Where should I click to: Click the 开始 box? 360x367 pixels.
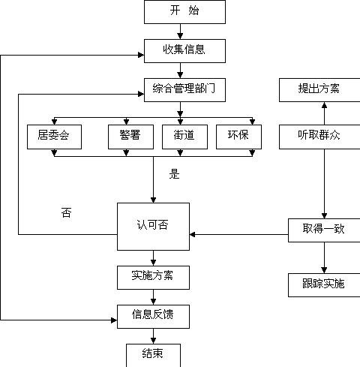[x=184, y=12]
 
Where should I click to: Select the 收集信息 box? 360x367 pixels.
[x=184, y=51]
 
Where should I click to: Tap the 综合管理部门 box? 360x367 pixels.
[x=184, y=90]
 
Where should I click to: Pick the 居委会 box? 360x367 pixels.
[x=54, y=137]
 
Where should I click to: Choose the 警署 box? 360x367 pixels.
[x=130, y=137]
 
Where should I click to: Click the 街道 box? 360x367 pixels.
[x=184, y=137]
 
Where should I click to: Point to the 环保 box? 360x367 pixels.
[x=238, y=137]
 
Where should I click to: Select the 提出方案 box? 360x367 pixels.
[x=319, y=90]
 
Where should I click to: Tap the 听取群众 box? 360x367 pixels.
[x=319, y=137]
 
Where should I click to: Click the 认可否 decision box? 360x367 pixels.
[x=153, y=227]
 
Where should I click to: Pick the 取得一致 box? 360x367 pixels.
[x=324, y=230]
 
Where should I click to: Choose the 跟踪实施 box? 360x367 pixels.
[x=324, y=285]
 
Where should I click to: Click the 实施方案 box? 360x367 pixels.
[x=153, y=278]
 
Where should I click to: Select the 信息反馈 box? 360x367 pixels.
[x=153, y=317]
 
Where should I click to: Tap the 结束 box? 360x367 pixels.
[x=153, y=355]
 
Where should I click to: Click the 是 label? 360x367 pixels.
[x=174, y=174]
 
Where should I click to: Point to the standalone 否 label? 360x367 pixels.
[x=66, y=212]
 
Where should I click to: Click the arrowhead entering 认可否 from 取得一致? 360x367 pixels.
[x=193, y=234]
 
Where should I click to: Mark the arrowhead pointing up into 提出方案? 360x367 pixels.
[x=324, y=105]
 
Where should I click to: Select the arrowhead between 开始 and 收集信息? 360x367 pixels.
[x=180, y=36]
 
